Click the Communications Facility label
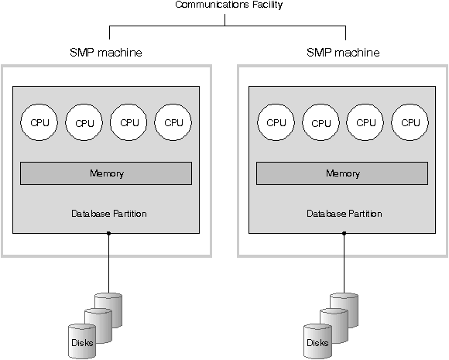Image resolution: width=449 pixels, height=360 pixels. [x=229, y=5]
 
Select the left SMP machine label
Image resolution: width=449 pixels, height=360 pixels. [x=106, y=53]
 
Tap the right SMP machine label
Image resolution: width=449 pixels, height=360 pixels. [x=343, y=53]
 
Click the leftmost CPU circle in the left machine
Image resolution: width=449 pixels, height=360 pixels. [x=39, y=122]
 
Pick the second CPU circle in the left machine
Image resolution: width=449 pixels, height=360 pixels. [x=84, y=122]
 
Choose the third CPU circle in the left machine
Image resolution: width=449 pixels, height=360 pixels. [x=129, y=122]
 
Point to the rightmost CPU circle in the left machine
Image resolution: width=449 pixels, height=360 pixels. [x=173, y=122]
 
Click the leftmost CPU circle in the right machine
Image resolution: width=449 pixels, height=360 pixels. [x=276, y=122]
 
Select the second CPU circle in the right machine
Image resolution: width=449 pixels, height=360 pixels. [x=320, y=122]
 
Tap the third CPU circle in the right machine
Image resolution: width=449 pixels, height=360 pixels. [x=365, y=122]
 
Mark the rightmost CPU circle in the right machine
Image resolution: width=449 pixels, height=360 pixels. [x=410, y=122]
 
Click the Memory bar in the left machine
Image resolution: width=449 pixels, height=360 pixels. [x=106, y=173]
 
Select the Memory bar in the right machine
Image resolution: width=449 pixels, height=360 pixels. [x=342, y=173]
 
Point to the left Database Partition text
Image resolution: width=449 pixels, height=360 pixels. [x=109, y=214]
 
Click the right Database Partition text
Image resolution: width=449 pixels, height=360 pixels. [x=344, y=214]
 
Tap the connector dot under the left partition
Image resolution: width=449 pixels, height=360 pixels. [x=108, y=233]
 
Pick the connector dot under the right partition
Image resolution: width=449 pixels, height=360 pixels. [x=344, y=233]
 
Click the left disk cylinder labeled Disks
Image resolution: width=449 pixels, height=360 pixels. [x=82, y=341]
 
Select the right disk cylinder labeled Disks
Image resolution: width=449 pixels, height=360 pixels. [x=318, y=341]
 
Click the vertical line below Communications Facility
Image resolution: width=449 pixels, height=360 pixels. [x=224, y=20]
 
